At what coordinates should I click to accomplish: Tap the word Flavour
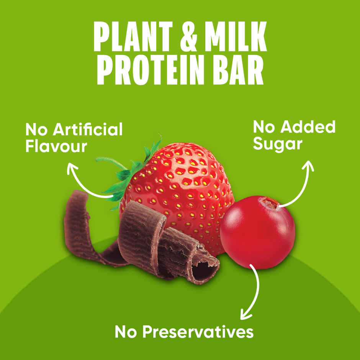click(56, 146)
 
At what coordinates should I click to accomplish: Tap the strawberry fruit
click(184, 180)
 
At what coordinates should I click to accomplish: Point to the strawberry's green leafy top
click(130, 172)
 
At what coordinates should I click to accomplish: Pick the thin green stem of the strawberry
click(109, 161)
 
